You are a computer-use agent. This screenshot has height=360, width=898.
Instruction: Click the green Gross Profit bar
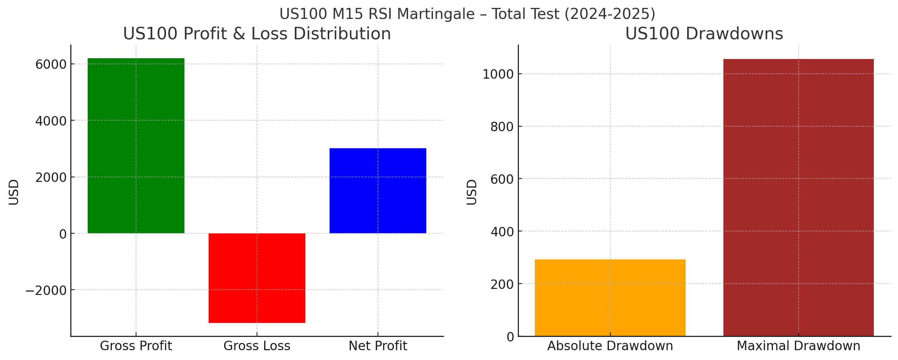point(136,146)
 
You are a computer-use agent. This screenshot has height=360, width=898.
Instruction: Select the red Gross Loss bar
point(257,278)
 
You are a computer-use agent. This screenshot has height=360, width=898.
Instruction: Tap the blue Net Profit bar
point(378,191)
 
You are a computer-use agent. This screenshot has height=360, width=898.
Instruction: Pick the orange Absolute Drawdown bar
point(610,298)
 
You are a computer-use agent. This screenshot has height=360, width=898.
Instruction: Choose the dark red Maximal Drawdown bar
point(798,197)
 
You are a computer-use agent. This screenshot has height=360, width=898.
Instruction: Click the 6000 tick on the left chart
point(51,65)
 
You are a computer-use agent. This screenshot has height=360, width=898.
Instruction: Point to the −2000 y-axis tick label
point(46,291)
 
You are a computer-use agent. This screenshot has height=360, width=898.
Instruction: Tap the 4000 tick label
point(51,121)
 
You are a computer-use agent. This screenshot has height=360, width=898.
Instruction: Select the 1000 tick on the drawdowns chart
point(498,74)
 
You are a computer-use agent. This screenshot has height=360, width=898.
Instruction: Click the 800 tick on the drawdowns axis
point(502,127)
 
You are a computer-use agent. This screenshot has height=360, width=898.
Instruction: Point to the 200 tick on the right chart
point(502,284)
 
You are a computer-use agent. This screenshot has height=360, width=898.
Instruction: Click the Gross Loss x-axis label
point(257,346)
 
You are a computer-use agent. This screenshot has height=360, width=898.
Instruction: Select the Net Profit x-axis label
point(378,346)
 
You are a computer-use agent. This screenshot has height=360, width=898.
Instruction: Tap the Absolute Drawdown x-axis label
point(610,346)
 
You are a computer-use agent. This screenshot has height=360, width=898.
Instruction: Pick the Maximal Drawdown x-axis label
point(798,346)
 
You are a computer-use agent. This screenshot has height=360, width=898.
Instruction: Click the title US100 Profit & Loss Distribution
point(257,34)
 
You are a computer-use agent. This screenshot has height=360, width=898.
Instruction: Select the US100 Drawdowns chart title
point(704,34)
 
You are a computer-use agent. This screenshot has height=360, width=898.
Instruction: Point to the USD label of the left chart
point(14,192)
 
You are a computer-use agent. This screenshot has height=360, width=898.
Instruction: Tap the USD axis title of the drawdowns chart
point(472,192)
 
